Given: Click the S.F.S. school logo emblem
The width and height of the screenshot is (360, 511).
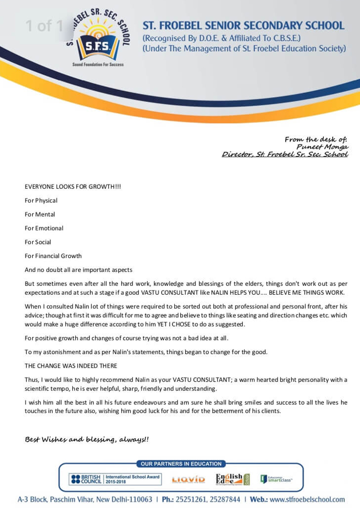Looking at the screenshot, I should [99, 37].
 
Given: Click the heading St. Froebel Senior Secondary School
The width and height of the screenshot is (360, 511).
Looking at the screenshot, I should [243, 25].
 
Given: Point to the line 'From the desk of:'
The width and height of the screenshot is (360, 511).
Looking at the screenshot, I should [316, 140].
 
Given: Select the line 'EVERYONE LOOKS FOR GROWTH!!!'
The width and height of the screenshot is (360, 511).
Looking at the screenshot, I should [73, 186].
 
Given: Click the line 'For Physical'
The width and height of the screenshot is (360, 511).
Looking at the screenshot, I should [41, 201].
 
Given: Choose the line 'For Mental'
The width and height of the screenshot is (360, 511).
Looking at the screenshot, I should [40, 214].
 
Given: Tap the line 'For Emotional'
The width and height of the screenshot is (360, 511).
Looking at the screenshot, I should [44, 228].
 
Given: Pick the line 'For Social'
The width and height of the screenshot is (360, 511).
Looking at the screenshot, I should [38, 242].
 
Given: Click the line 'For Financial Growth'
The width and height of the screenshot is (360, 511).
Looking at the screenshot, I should [53, 256].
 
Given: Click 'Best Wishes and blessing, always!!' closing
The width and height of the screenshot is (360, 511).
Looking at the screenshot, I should [86, 439].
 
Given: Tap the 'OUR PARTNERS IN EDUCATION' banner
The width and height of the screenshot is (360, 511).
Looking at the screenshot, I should [181, 464].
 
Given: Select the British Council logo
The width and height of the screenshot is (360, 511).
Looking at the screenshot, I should [86, 479].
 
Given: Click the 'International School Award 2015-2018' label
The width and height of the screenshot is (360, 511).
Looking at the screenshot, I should [133, 479].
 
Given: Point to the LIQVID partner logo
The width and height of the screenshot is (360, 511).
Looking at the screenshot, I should [188, 480].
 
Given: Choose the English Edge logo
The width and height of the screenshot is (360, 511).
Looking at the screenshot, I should [233, 479].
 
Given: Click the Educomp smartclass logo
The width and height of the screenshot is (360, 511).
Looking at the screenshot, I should [276, 479].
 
